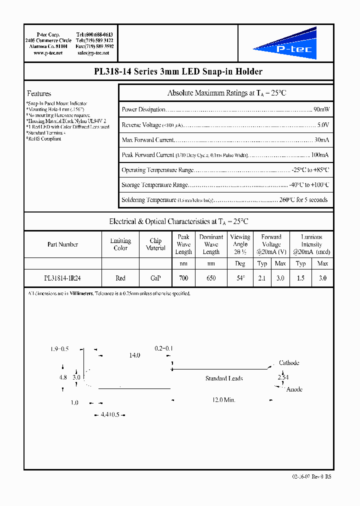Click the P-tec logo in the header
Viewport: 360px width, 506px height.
[285, 43]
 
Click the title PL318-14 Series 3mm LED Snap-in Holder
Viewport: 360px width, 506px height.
[178, 72]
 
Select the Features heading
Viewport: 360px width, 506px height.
[39, 93]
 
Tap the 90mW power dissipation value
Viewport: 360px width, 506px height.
[321, 109]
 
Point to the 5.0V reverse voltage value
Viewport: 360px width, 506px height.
[323, 125]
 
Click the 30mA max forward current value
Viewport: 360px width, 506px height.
[321, 140]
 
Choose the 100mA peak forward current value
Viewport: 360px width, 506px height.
[320, 155]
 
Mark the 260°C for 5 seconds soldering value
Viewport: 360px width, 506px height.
[304, 200]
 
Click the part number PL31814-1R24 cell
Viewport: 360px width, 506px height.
[62, 278]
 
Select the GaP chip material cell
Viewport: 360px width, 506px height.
[155, 278]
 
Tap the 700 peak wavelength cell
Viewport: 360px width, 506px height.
[183, 278]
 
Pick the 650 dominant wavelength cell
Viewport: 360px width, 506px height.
[211, 278]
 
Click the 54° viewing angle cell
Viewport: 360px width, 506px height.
[240, 278]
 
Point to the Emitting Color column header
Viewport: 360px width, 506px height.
[120, 244]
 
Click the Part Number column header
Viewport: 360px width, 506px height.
[62, 244]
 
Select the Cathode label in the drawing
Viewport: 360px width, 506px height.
[289, 363]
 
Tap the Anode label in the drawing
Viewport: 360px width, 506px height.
[293, 389]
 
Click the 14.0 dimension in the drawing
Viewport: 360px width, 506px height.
[134, 355]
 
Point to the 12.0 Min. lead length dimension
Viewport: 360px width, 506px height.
[223, 400]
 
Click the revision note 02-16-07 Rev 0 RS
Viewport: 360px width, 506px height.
[312, 476]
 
